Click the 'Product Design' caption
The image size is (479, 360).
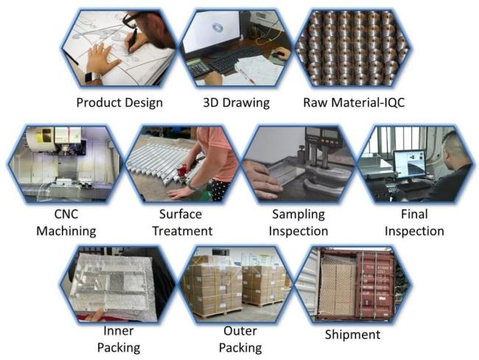119,103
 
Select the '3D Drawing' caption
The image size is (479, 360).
236,103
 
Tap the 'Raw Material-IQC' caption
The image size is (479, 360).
354,103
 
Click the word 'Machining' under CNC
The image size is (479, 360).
66,231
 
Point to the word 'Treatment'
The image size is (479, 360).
182,231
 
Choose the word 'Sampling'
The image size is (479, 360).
298,214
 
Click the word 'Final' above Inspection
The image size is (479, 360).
414,214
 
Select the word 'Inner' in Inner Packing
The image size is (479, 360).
119,331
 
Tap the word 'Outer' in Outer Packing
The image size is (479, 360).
240,331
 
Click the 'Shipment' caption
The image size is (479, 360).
352,335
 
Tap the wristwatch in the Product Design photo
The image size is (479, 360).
91,77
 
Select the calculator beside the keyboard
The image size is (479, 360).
197,67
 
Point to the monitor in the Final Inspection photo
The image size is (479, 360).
409,165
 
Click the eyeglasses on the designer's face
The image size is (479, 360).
131,19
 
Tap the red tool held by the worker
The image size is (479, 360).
183,170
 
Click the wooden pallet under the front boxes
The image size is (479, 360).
217,314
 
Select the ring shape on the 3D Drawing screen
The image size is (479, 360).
217,28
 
